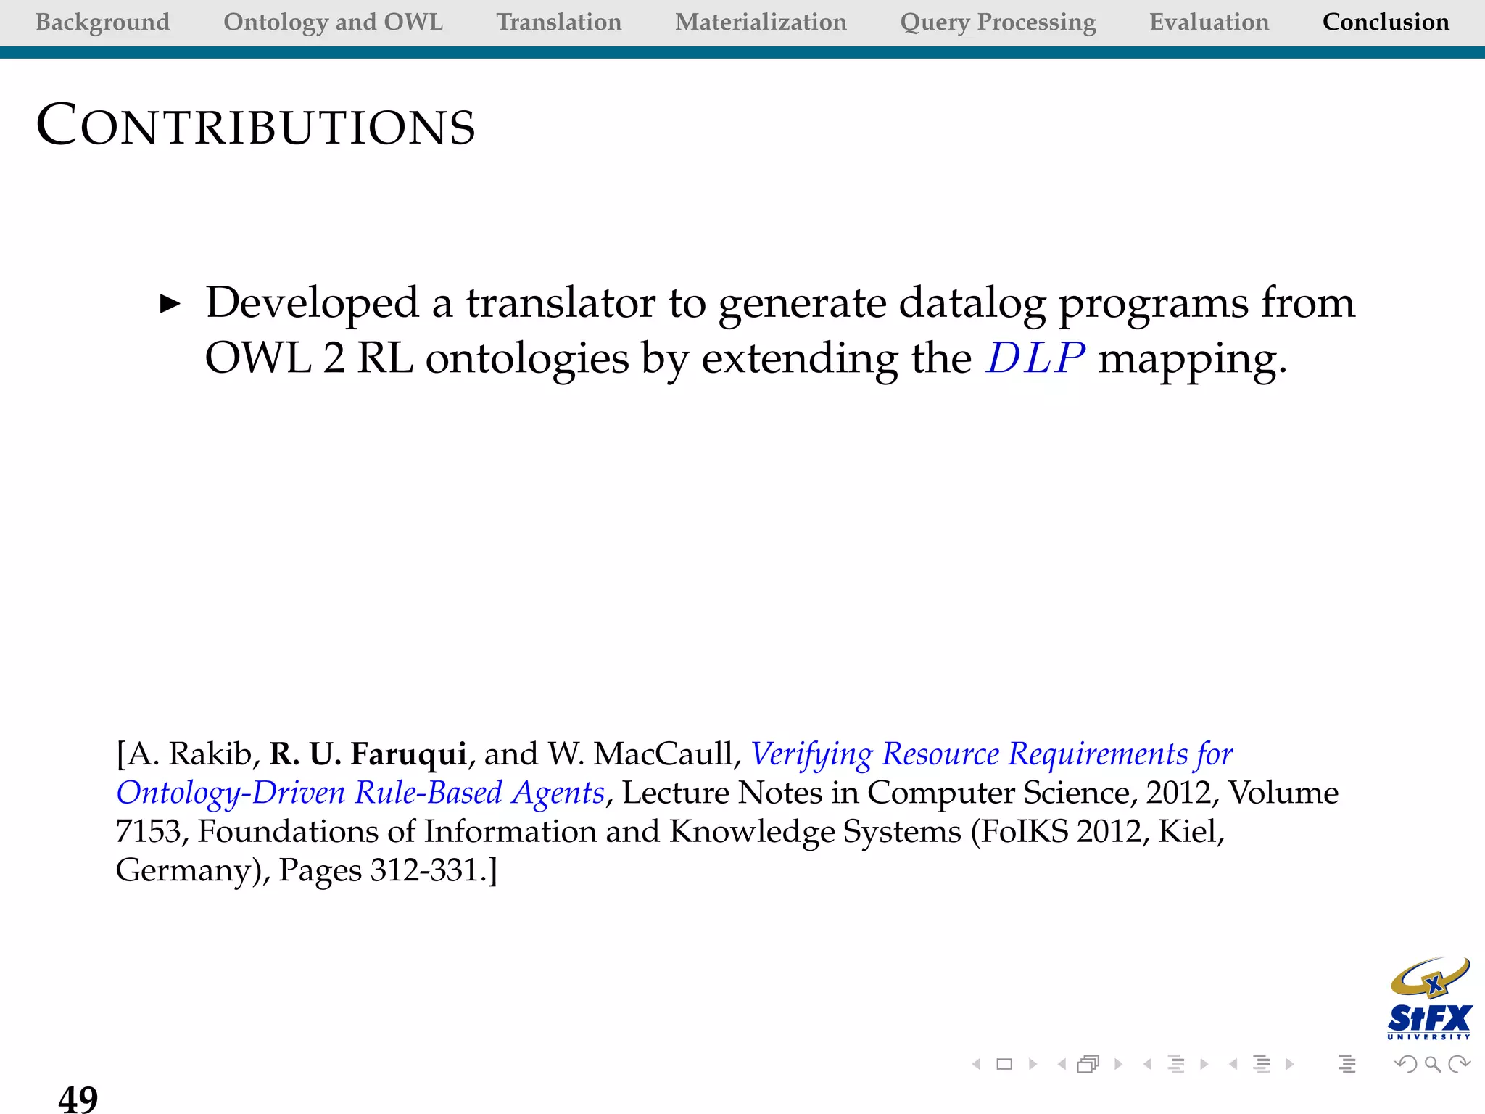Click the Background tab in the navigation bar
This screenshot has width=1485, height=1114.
pos(102,22)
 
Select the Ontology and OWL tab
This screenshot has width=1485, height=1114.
pos(333,22)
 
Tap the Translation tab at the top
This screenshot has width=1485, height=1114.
pos(558,22)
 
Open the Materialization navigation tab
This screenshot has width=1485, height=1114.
pos(761,22)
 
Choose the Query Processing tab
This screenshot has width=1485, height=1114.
pos(998,22)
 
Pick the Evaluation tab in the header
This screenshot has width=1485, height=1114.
pos(1209,22)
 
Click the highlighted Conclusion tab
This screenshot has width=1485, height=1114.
pos(1386,22)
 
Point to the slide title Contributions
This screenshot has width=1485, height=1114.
pos(256,126)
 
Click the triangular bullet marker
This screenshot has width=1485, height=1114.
pos(170,304)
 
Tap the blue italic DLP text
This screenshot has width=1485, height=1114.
pos(1035,358)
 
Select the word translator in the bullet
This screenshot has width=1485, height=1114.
pos(560,302)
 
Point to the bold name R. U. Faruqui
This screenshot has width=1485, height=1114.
pos(368,754)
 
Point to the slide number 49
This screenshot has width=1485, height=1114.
pos(78,1098)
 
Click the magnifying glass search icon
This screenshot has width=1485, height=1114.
pos(1432,1064)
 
